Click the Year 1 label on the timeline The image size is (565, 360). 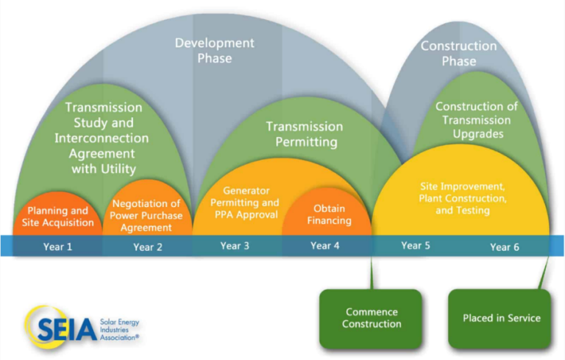pyautogui.click(x=57, y=247)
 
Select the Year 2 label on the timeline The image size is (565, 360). pyautogui.click(x=147, y=247)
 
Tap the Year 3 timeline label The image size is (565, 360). pyautogui.click(x=235, y=245)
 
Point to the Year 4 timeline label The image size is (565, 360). pyautogui.click(x=325, y=245)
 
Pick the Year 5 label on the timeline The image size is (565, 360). pyautogui.click(x=416, y=245)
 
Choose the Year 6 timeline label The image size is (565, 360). pyautogui.click(x=505, y=247)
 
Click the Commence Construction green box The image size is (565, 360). pyautogui.click(x=372, y=318)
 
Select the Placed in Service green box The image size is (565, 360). pyautogui.click(x=501, y=318)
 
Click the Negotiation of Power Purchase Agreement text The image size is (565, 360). pyautogui.click(x=146, y=216)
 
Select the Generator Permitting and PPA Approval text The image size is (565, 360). pyautogui.click(x=244, y=202)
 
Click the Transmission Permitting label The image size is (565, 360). pyautogui.click(x=304, y=134)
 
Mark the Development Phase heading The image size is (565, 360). pyautogui.click(x=214, y=50)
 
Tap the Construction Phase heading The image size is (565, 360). pyautogui.click(x=458, y=53)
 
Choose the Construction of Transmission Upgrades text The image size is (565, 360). pyautogui.click(x=476, y=120)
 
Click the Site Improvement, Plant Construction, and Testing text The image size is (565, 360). pyautogui.click(x=462, y=199)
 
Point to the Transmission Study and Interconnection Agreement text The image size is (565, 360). pyautogui.click(x=103, y=138)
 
